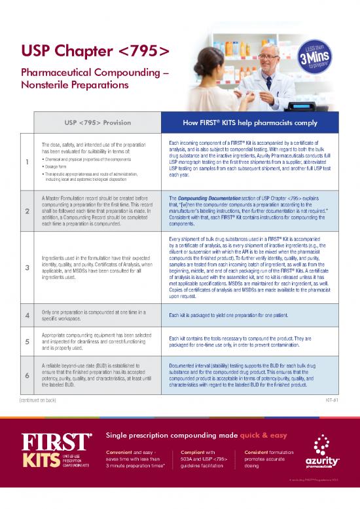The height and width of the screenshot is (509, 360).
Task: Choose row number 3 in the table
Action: point(23,267)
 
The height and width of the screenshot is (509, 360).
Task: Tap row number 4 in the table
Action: point(23,316)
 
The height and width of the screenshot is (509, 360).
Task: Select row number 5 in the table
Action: point(23,341)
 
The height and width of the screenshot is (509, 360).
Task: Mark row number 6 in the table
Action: point(23,375)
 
